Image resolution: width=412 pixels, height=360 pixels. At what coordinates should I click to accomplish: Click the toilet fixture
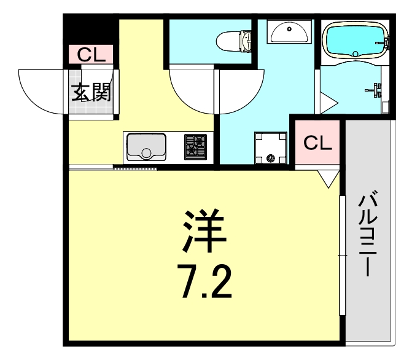pos(236,41)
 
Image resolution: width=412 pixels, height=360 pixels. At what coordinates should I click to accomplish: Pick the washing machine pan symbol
pos(270,147)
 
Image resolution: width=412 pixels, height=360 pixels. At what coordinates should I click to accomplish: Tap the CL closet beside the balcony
pos(318,143)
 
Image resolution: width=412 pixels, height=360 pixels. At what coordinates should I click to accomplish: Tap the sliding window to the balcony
pos(341,255)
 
